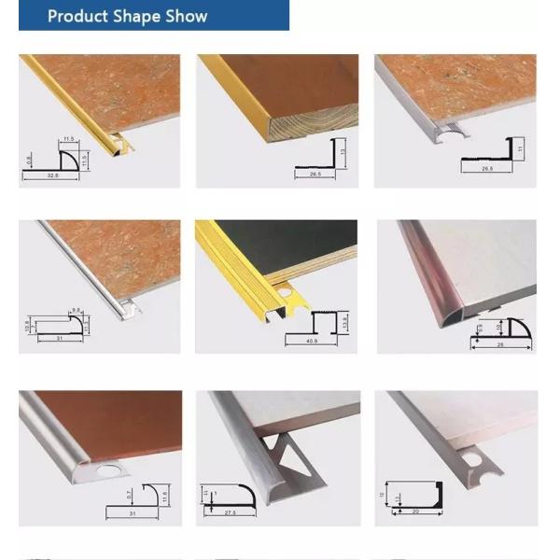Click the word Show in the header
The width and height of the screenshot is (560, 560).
[x=184, y=16]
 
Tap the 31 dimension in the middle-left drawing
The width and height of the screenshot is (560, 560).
[x=59, y=339]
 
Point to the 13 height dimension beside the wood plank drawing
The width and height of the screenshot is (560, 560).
[x=344, y=152]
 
